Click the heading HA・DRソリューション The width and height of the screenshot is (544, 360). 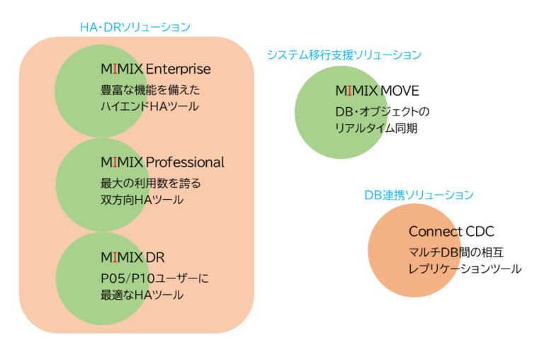(x=135, y=27)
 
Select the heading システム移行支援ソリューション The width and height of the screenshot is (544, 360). (x=344, y=55)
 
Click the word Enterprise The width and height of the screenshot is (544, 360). (x=178, y=69)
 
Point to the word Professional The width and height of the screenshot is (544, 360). (x=185, y=162)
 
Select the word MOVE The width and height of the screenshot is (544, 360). (x=400, y=91)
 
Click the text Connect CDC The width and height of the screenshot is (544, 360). (x=451, y=232)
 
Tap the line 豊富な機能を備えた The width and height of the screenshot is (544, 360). (x=150, y=90)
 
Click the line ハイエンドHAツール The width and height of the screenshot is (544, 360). (x=149, y=106)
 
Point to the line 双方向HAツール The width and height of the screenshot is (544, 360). (x=142, y=200)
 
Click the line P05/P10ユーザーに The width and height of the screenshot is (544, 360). (x=154, y=278)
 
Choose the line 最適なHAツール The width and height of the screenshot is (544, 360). (x=142, y=294)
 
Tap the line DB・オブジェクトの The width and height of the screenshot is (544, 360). (x=382, y=113)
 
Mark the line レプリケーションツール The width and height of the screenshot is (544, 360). (x=465, y=269)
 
